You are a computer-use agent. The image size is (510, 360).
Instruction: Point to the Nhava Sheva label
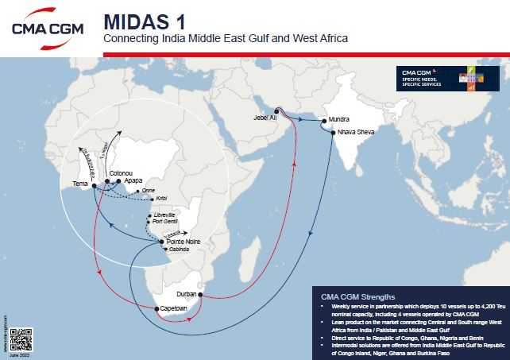355,132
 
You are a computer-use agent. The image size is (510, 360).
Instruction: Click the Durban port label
187,285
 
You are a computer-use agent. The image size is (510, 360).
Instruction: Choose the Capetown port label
174,307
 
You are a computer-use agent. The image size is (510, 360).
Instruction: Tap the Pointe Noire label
184,240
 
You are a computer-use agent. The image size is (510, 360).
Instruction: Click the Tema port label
81,184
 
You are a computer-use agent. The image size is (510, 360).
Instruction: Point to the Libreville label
167,215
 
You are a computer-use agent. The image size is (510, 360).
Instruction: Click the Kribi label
163,196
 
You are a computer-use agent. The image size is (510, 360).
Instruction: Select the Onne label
148,191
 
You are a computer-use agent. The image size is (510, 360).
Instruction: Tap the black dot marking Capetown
156,308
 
